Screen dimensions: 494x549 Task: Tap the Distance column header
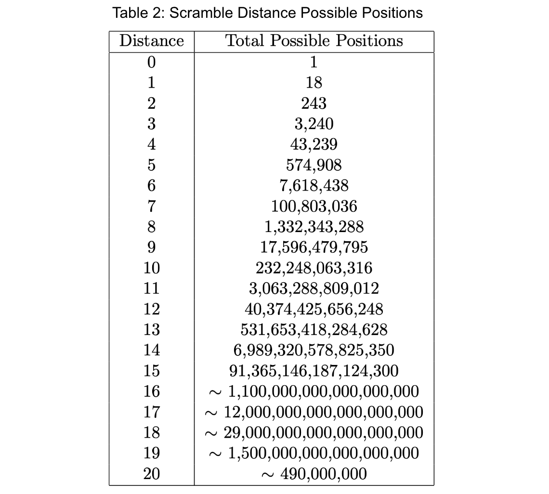151,41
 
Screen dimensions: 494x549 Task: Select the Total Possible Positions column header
314,41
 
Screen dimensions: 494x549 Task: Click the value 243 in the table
314,103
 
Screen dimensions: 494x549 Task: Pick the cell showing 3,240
314,124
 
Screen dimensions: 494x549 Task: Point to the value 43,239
314,144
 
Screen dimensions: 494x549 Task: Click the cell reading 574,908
314,165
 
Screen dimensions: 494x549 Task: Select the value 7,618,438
314,185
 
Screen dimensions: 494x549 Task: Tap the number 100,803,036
314,206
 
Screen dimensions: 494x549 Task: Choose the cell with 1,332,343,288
314,227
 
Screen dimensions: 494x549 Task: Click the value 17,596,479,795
314,247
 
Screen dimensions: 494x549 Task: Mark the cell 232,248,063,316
314,268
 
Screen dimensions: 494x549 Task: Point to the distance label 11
151,288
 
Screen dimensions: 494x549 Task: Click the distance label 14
151,350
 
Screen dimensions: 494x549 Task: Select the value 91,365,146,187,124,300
314,371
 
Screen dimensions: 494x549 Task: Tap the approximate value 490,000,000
314,474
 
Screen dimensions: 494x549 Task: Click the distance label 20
151,474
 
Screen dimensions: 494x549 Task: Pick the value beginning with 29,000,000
314,432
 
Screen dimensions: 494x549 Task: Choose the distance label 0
151,62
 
